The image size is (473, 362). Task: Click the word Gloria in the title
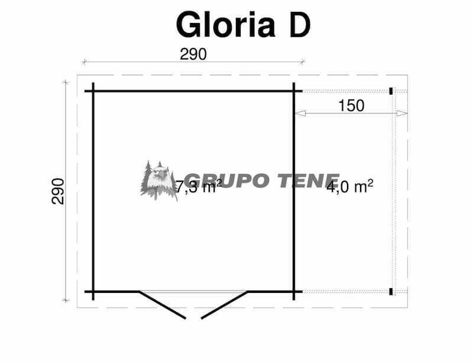point(225,24)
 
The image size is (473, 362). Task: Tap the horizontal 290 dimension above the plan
point(193,54)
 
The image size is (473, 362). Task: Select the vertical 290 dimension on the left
point(58,191)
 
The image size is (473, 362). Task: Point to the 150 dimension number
point(351,106)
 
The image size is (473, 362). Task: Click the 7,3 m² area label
point(199,187)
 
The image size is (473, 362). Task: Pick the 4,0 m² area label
point(350,187)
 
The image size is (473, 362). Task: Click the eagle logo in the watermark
point(158,181)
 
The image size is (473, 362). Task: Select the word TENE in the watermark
point(308,181)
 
